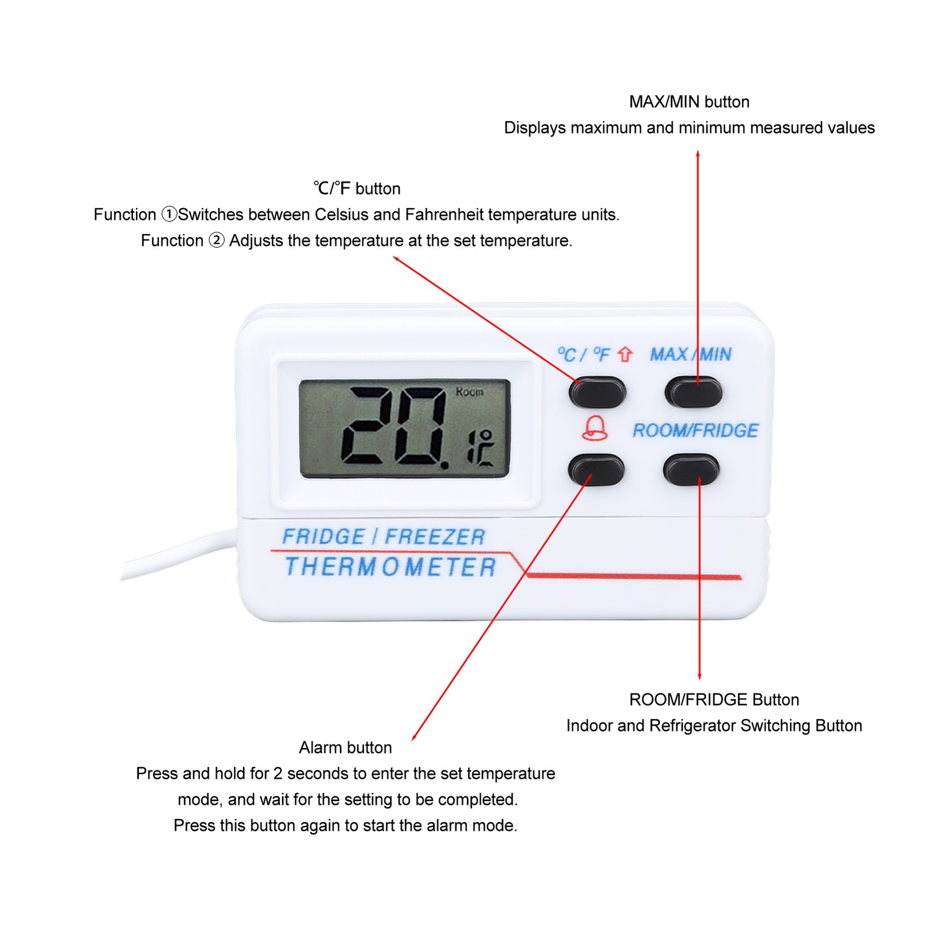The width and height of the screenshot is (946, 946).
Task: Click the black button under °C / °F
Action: coord(597,392)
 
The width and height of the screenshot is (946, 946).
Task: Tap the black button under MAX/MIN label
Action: coord(694,391)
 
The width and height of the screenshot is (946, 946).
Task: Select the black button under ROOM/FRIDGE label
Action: coord(691,470)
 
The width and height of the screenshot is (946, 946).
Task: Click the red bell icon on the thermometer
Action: coord(595,428)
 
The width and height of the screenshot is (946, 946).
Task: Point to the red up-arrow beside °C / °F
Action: coord(625,354)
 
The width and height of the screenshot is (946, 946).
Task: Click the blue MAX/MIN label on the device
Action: coord(691,354)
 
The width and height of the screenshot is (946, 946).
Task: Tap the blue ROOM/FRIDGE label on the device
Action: coord(695,430)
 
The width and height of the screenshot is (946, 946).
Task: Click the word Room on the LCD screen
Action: coord(469,392)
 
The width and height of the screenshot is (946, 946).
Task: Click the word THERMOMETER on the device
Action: coord(390,566)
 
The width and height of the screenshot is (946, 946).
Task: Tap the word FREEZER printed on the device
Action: coord(435,537)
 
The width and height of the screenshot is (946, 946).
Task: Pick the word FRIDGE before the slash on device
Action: coord(323,537)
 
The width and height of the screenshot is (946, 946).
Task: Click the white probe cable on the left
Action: coord(177,554)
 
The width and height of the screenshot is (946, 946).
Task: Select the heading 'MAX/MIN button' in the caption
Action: coord(689,102)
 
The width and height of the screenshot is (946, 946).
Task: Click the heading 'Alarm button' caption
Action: coord(345,747)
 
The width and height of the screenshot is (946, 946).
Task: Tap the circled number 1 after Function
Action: coord(169,214)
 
